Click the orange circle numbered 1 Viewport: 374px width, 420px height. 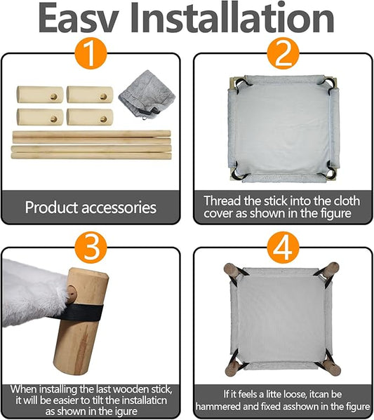coord(91,53)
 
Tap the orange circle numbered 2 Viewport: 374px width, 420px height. coord(283,53)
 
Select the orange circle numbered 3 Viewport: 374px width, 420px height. coord(91,247)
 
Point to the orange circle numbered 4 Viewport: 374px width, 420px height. coord(283,247)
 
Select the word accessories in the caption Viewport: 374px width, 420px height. coord(119,208)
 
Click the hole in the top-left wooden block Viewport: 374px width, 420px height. coord(54,97)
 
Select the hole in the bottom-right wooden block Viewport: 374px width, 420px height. coord(103,119)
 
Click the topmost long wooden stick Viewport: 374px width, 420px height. coord(92,134)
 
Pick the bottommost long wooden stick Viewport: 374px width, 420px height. coord(91,156)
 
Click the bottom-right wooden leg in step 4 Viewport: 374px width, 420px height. coord(330,367)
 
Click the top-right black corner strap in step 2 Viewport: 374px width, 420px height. coord(328,83)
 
